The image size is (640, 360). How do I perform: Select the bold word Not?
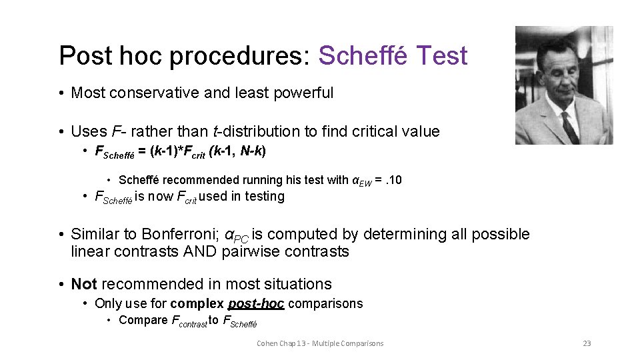84,284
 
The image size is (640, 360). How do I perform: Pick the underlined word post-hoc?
256,303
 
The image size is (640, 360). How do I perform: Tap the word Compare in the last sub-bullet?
143,320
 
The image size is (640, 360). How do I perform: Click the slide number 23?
587,343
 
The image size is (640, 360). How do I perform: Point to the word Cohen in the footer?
268,343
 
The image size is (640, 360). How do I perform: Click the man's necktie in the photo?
569,127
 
